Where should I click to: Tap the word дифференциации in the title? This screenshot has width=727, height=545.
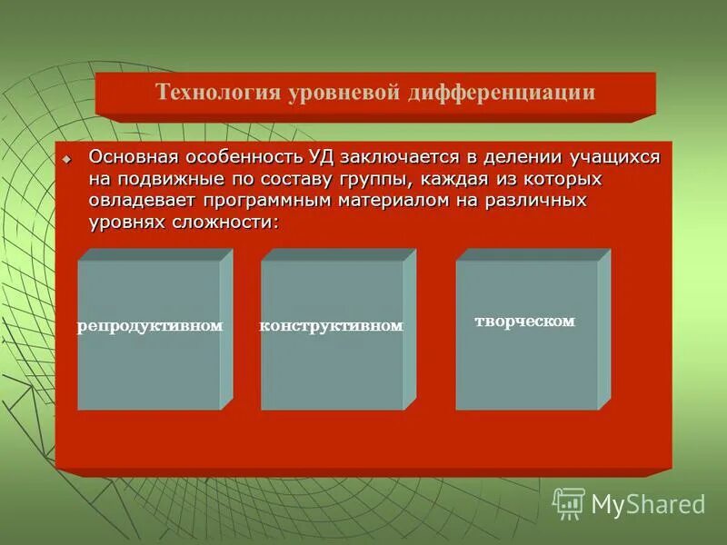[x=494, y=92]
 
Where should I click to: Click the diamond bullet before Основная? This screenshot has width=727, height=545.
[x=65, y=160]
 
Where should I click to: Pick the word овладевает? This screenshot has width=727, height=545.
[x=144, y=200]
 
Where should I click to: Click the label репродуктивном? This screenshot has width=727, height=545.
[x=150, y=325]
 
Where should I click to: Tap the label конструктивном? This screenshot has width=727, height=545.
[x=331, y=325]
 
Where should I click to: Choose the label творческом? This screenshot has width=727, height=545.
[x=525, y=322]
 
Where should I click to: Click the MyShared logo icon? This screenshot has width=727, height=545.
[x=569, y=503]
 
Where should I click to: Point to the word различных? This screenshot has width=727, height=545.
[x=534, y=200]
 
